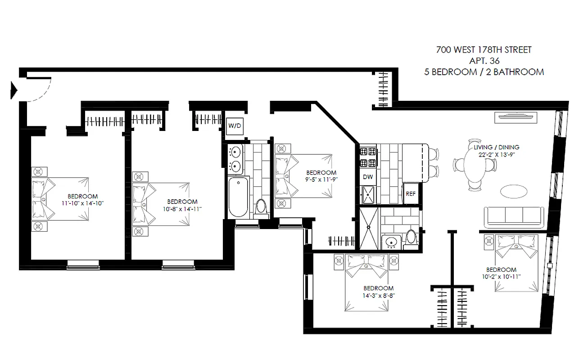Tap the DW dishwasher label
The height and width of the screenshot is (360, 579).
pos(367,177)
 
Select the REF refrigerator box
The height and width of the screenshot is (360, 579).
pos(410,194)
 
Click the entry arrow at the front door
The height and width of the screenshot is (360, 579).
pos(14,90)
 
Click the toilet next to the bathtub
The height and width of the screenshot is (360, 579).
pos(261,208)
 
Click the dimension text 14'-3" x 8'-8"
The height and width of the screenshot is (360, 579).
pos(378,296)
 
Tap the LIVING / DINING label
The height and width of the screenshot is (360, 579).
pos(496,147)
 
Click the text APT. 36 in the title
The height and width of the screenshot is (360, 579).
pos(484,61)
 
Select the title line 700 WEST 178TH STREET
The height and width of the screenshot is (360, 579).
pos(484,50)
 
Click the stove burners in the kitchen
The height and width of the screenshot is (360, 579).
pos(367,157)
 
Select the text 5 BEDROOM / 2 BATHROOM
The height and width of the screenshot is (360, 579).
pos(484,72)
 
